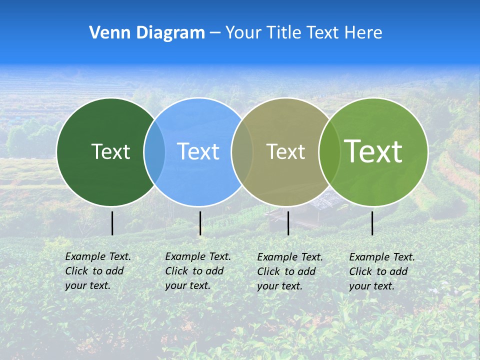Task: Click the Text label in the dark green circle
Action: point(110,151)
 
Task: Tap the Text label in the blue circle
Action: point(198,151)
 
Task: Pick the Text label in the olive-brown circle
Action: point(285,151)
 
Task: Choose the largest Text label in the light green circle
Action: point(373,151)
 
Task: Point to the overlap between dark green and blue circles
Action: point(154,151)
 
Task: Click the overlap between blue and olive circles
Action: point(242,151)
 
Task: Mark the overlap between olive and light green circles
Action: point(329,151)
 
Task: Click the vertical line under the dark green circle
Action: point(112,223)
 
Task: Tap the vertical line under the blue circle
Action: point(200,223)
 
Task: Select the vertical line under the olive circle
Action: point(288,223)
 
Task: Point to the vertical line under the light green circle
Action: point(372,223)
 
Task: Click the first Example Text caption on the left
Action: point(97,271)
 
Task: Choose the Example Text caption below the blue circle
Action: point(197,271)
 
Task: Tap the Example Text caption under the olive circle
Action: point(289,271)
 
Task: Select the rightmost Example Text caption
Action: point(381,271)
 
